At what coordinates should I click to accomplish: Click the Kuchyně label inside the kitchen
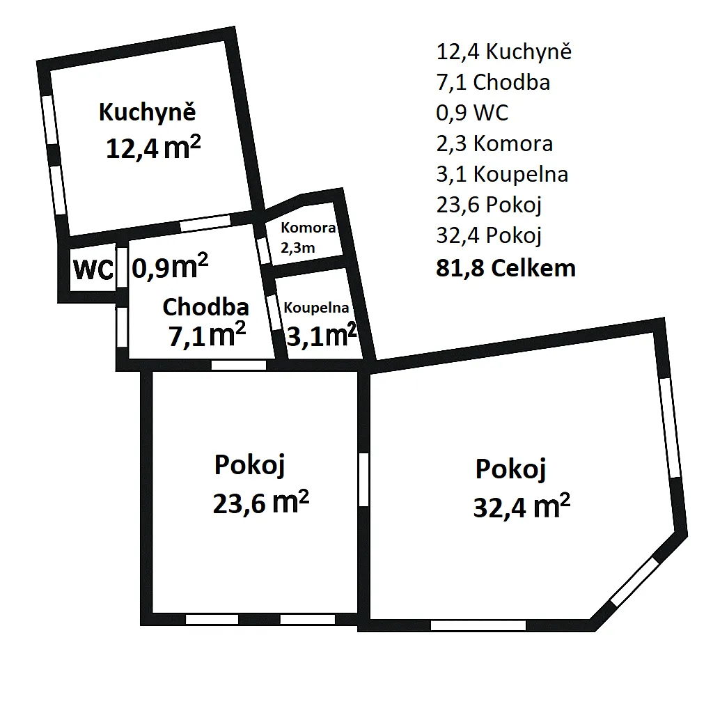(148, 112)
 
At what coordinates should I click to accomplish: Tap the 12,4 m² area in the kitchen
(153, 148)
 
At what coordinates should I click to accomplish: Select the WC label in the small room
(93, 269)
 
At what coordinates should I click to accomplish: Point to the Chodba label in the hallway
(205, 307)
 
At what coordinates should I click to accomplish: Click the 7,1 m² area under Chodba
(207, 335)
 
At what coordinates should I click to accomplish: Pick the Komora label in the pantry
(308, 228)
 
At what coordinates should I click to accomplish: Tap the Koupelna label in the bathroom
(316, 308)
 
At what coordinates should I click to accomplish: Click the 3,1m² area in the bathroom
(322, 336)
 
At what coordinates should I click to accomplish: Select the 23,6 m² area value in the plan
(261, 503)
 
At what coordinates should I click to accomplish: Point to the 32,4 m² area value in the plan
(522, 506)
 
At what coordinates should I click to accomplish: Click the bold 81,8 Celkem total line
(506, 268)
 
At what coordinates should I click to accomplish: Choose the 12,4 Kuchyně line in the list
(504, 52)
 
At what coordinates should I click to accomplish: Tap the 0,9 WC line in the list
(472, 113)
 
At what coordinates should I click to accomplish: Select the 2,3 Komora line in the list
(494, 143)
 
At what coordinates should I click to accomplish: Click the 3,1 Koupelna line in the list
(502, 174)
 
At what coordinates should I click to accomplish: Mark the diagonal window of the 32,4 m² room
(634, 581)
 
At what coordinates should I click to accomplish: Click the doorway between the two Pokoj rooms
(363, 479)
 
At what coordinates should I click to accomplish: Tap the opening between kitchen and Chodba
(205, 224)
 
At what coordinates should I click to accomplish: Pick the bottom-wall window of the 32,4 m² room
(478, 625)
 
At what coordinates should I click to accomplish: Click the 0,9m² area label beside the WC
(170, 267)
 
